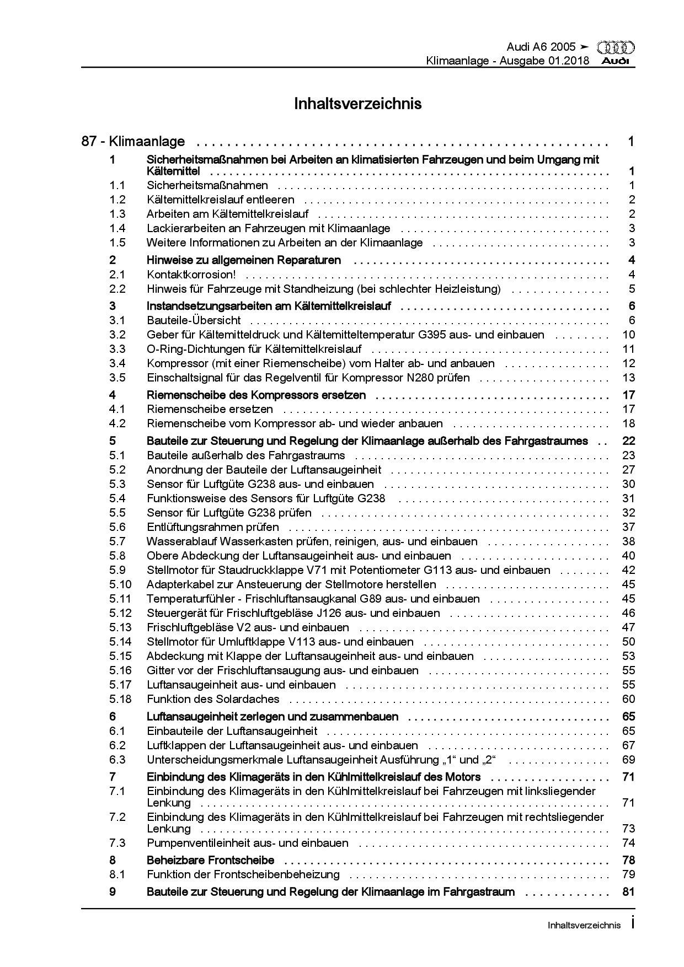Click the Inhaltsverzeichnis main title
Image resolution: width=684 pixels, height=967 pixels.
tap(358, 104)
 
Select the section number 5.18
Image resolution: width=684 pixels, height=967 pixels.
tap(120, 699)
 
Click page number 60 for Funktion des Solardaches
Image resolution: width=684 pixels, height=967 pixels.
tap(628, 699)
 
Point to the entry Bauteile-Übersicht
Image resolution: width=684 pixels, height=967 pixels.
tap(194, 320)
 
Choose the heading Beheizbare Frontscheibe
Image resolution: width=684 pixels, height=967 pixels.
tap(210, 860)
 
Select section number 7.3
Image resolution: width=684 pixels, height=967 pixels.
tap(117, 843)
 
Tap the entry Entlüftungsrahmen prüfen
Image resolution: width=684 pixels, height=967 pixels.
tap(213, 527)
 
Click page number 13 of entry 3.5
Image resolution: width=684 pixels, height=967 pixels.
tap(628, 378)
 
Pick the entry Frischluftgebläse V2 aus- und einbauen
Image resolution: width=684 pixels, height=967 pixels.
tap(248, 627)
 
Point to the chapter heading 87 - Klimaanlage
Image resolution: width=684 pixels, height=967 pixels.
tap(133, 142)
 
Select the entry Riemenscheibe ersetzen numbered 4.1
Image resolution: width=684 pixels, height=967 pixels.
tap(210, 409)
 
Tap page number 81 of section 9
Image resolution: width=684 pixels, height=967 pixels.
tap(628, 892)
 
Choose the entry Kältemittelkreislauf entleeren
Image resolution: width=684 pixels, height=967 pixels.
tap(221, 200)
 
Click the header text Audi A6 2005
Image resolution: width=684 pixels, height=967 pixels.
tap(541, 47)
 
